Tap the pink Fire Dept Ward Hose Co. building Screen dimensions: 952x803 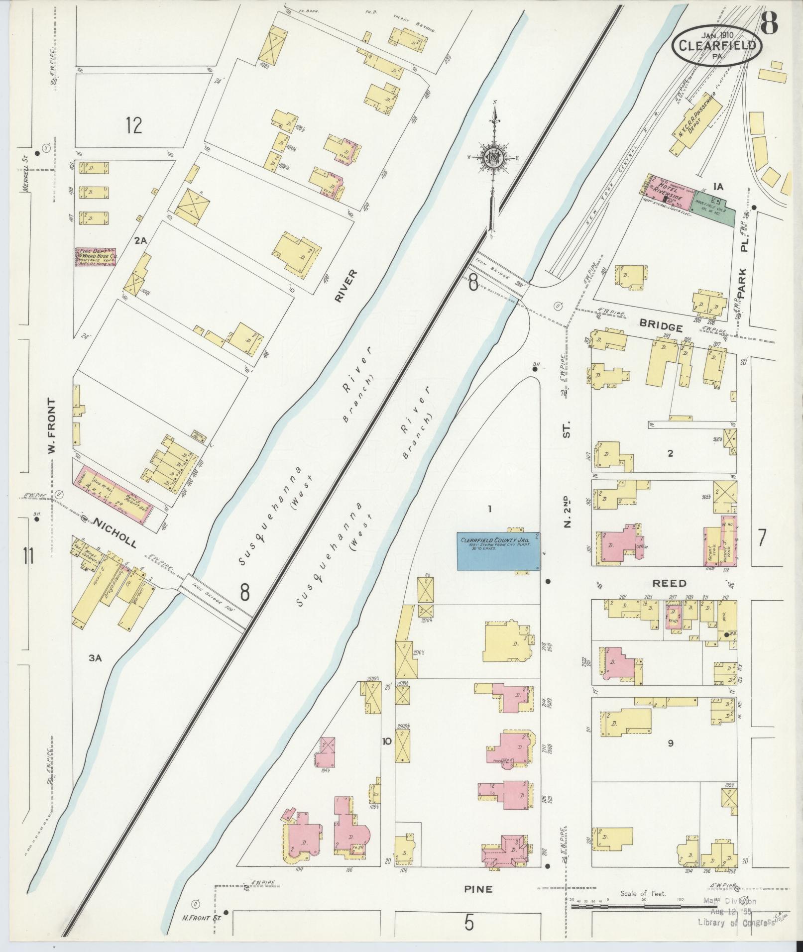96,257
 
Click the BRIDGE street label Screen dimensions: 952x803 661,327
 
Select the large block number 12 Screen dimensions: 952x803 133,124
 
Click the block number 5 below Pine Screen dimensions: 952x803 468,924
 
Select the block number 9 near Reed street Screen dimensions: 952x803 671,757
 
